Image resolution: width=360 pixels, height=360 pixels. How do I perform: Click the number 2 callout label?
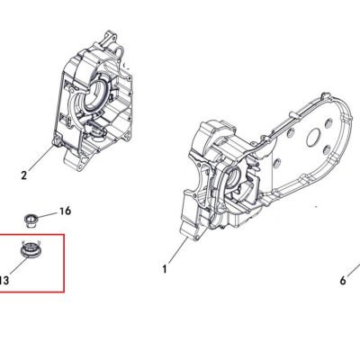(24, 175)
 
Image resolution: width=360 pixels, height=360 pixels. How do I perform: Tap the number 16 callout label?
(65, 211)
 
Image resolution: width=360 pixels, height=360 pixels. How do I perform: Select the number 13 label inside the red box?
(4, 281)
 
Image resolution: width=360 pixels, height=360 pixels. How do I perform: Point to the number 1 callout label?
(165, 269)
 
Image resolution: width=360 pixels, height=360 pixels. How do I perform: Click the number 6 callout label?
(343, 281)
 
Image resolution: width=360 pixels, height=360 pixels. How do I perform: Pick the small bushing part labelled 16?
(30, 220)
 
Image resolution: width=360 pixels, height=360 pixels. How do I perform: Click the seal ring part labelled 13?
(31, 249)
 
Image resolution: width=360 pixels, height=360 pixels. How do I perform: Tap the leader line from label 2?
(41, 158)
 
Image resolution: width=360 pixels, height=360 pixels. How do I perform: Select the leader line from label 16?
(45, 215)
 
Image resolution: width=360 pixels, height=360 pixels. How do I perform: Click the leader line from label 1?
(178, 251)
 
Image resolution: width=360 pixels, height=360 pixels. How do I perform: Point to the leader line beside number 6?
(354, 270)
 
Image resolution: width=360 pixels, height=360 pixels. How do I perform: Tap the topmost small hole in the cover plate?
(328, 122)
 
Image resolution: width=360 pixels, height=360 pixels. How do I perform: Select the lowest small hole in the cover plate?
(277, 163)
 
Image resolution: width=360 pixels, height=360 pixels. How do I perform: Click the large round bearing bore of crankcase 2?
(94, 95)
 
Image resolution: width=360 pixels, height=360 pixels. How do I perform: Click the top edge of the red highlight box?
(31, 235)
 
